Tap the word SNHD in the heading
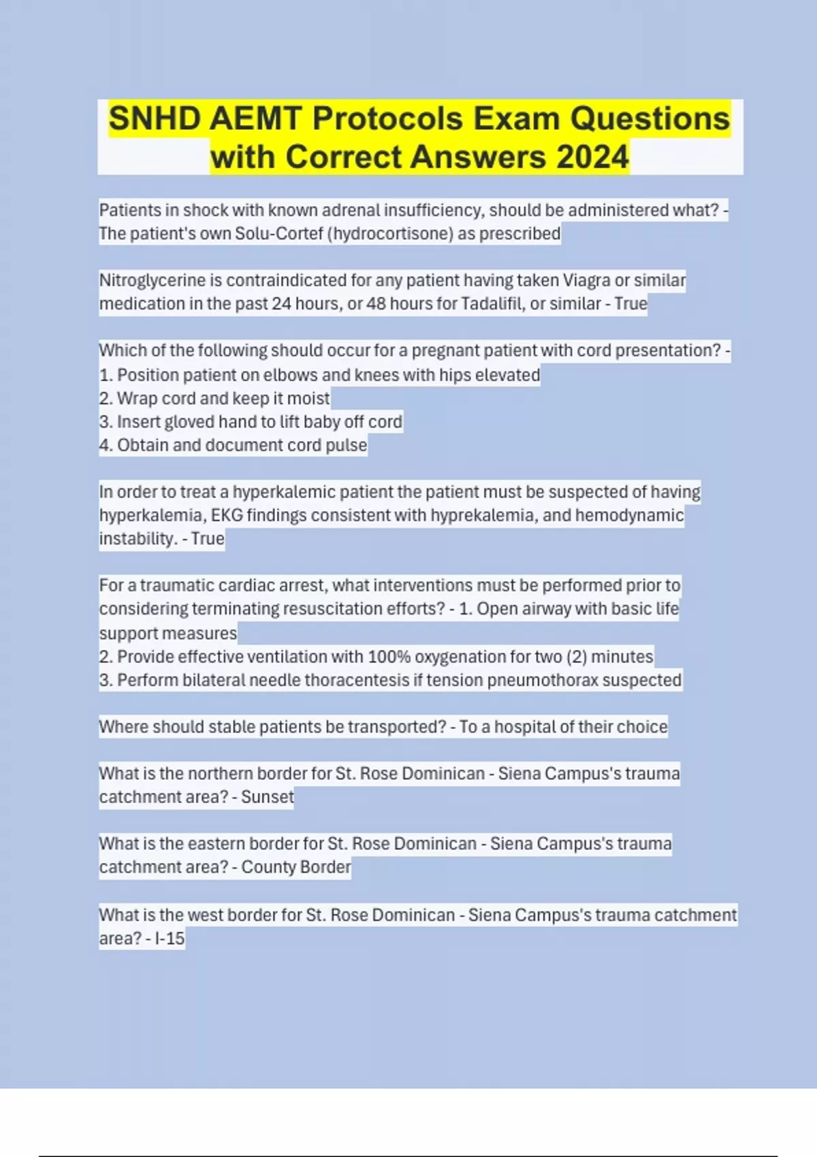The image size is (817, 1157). point(155,118)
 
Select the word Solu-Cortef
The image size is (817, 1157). point(279,233)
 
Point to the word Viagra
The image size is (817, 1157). point(586,280)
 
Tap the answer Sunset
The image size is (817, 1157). point(267,797)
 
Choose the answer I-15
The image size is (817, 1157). point(170,939)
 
